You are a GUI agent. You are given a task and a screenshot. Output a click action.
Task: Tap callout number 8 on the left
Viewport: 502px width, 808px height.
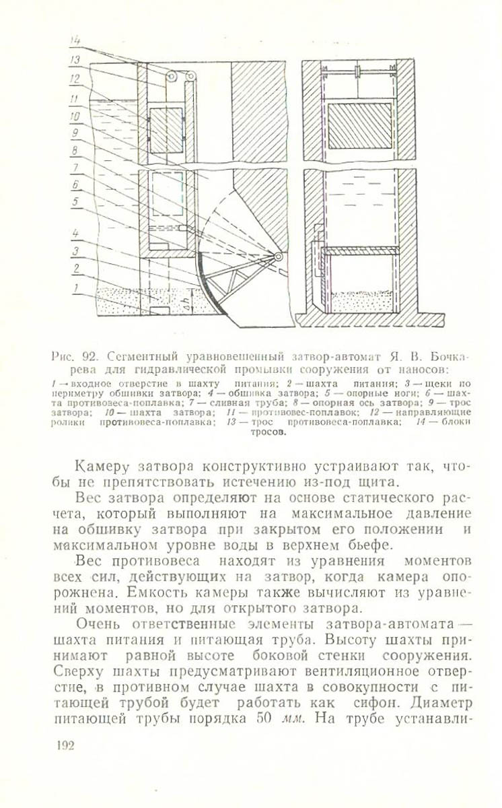point(75,150)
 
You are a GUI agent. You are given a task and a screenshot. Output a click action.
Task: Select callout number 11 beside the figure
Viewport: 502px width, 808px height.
point(75,98)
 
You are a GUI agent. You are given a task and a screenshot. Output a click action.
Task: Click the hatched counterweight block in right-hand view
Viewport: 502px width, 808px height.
point(359,125)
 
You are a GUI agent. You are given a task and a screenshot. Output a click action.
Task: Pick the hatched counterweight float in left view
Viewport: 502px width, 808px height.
point(166,129)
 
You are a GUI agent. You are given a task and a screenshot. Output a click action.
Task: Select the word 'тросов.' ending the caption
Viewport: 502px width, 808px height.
point(268,433)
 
